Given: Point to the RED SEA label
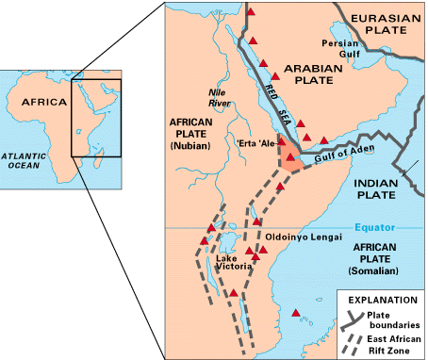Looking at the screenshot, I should pyautogui.click(x=272, y=98).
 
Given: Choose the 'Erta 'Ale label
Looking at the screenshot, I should pyautogui.click(x=257, y=142).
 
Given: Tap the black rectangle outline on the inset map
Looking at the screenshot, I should pyautogui.click(x=98, y=118).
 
